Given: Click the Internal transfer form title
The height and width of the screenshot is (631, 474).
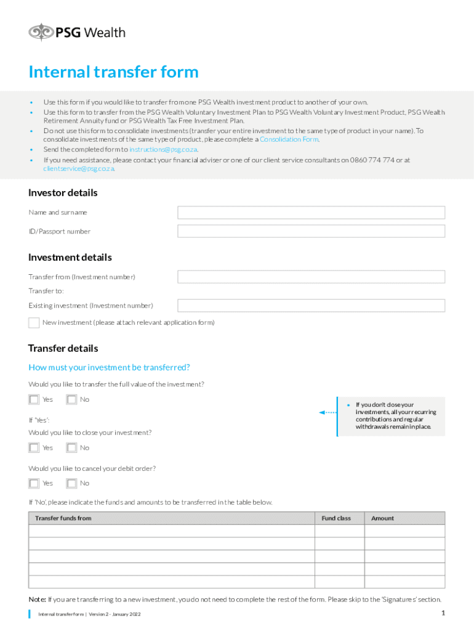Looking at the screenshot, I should click(113, 72).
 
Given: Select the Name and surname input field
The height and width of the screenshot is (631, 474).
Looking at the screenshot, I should click(311, 213).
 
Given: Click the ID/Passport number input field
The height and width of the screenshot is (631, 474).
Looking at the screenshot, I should click(311, 231).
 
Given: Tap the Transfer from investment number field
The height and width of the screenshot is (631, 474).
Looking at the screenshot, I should click(311, 277).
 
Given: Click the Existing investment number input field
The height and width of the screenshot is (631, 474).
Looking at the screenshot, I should click(311, 305).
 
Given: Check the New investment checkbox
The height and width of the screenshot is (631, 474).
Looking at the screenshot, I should click(34, 323).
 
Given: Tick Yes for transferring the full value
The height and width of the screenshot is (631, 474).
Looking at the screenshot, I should click(34, 399).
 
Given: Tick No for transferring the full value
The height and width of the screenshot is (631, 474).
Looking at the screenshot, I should click(72, 399).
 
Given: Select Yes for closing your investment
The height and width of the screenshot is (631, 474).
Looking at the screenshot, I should click(34, 448).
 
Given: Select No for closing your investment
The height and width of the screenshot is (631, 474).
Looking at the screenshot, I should click(72, 448).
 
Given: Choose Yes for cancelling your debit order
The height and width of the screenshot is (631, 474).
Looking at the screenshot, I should click(34, 484).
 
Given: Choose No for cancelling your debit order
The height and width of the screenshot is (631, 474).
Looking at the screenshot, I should click(72, 484).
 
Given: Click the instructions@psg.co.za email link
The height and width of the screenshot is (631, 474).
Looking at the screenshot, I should click(163, 149).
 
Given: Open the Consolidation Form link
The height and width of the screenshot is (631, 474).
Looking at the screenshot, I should click(289, 139).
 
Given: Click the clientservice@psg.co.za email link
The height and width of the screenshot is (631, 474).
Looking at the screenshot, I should click(78, 168).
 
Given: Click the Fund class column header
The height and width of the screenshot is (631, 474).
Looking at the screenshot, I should click(336, 518).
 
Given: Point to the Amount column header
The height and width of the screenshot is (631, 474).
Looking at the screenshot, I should click(382, 518).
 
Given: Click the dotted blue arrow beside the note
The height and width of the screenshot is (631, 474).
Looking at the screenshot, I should click(327, 412).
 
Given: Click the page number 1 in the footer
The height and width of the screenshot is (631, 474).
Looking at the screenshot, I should click(443, 613).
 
